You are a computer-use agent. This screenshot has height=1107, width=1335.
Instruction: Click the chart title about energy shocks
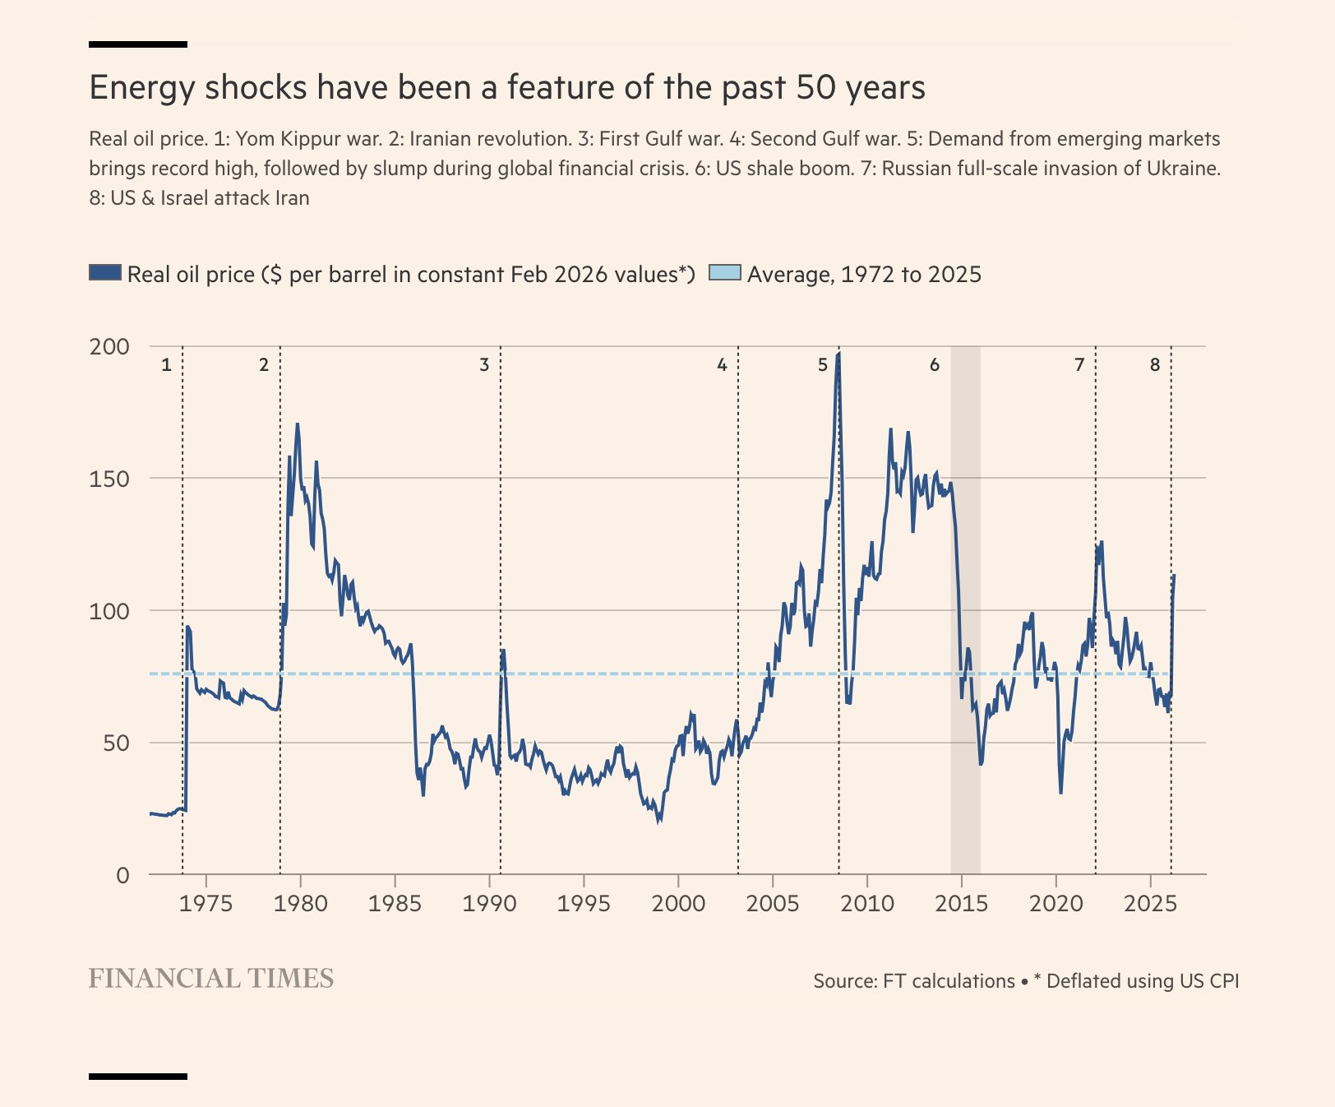(x=507, y=87)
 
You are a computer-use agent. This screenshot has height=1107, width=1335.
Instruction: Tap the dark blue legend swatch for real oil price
(x=105, y=273)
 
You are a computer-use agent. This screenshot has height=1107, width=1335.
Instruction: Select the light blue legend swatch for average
(x=725, y=273)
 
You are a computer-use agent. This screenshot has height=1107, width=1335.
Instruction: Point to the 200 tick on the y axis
(x=109, y=346)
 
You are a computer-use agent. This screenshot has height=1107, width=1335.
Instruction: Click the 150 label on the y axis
(x=109, y=479)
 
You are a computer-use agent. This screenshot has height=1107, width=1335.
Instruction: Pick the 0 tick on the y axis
(x=122, y=875)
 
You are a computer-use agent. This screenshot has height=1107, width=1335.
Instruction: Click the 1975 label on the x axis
(x=206, y=903)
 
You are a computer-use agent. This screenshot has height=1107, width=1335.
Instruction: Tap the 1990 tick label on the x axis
(x=489, y=903)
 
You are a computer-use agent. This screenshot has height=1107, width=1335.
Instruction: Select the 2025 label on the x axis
(x=1150, y=903)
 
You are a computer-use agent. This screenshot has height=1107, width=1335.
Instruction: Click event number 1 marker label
(x=166, y=364)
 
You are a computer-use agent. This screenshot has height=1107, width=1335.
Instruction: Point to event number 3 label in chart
(x=484, y=364)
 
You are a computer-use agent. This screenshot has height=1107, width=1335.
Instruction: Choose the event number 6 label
(x=935, y=364)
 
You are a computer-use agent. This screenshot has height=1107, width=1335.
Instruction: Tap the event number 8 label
(x=1155, y=364)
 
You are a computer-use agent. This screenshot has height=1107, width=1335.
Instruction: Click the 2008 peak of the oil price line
(x=838, y=354)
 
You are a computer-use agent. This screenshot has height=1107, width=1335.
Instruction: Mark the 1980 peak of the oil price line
(x=297, y=424)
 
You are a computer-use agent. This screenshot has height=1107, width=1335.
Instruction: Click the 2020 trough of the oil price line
(x=1060, y=792)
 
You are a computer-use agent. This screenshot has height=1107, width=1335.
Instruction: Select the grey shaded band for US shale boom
(x=965, y=609)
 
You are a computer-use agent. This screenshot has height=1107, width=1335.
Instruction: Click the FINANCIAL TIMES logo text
(x=211, y=978)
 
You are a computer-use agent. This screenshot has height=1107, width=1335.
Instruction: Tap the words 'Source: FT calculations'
(x=914, y=981)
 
